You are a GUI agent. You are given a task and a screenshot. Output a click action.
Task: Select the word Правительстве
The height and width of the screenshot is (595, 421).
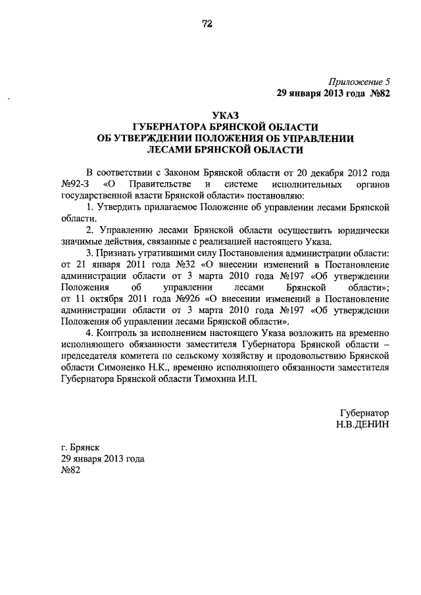click(x=161, y=183)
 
